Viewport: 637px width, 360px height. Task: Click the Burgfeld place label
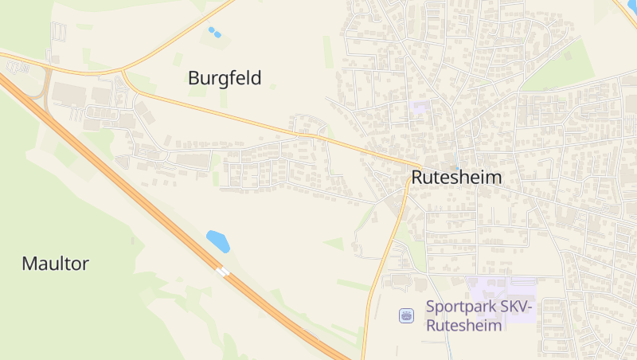tap(225, 78)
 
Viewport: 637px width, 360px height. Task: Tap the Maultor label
tap(55, 264)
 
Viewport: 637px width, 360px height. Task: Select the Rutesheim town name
tap(457, 177)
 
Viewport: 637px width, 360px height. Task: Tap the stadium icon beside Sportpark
tap(407, 316)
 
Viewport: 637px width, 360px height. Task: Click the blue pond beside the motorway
tap(217, 241)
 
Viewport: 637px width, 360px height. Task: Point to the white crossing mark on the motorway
tap(224, 272)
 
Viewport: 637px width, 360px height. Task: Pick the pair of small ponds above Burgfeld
tap(214, 33)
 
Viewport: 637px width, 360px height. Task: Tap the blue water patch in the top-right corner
tap(632, 6)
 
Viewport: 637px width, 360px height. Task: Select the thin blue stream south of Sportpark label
tap(448, 342)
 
